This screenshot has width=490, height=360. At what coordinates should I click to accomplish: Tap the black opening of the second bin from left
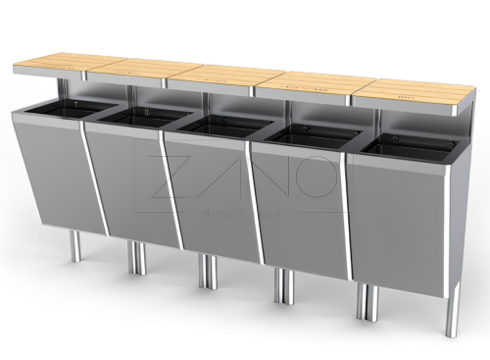144,117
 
